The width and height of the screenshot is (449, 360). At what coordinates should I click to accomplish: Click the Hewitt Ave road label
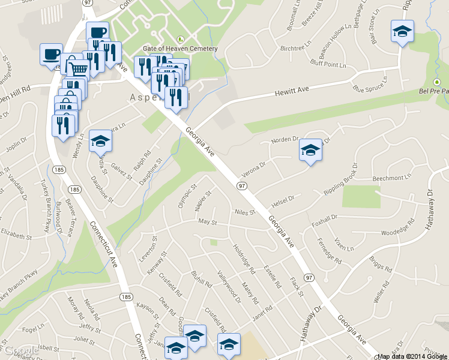292,90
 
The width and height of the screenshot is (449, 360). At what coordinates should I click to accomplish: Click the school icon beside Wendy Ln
100,141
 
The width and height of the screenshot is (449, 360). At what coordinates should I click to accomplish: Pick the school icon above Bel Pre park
402,31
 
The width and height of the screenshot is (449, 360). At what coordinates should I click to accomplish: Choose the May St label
207,223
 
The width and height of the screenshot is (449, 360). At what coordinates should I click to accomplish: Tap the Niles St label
246,212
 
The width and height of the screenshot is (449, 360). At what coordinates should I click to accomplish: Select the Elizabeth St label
15,230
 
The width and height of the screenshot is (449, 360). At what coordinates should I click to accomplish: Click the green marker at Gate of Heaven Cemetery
180,38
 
